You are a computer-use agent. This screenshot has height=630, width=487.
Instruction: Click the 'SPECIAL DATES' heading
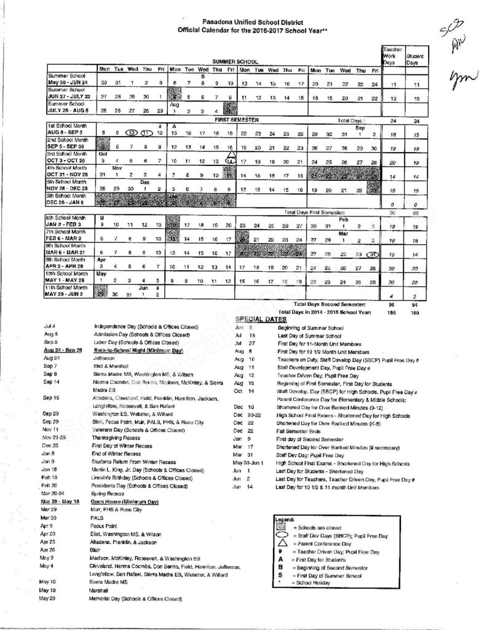[x=261, y=318]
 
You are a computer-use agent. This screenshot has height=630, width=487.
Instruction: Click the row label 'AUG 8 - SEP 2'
[x=66, y=132]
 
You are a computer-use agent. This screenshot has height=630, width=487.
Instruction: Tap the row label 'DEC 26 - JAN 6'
[x=68, y=202]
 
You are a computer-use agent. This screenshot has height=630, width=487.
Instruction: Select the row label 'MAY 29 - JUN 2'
[x=68, y=295]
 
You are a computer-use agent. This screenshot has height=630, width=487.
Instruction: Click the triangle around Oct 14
[x=230, y=161]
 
